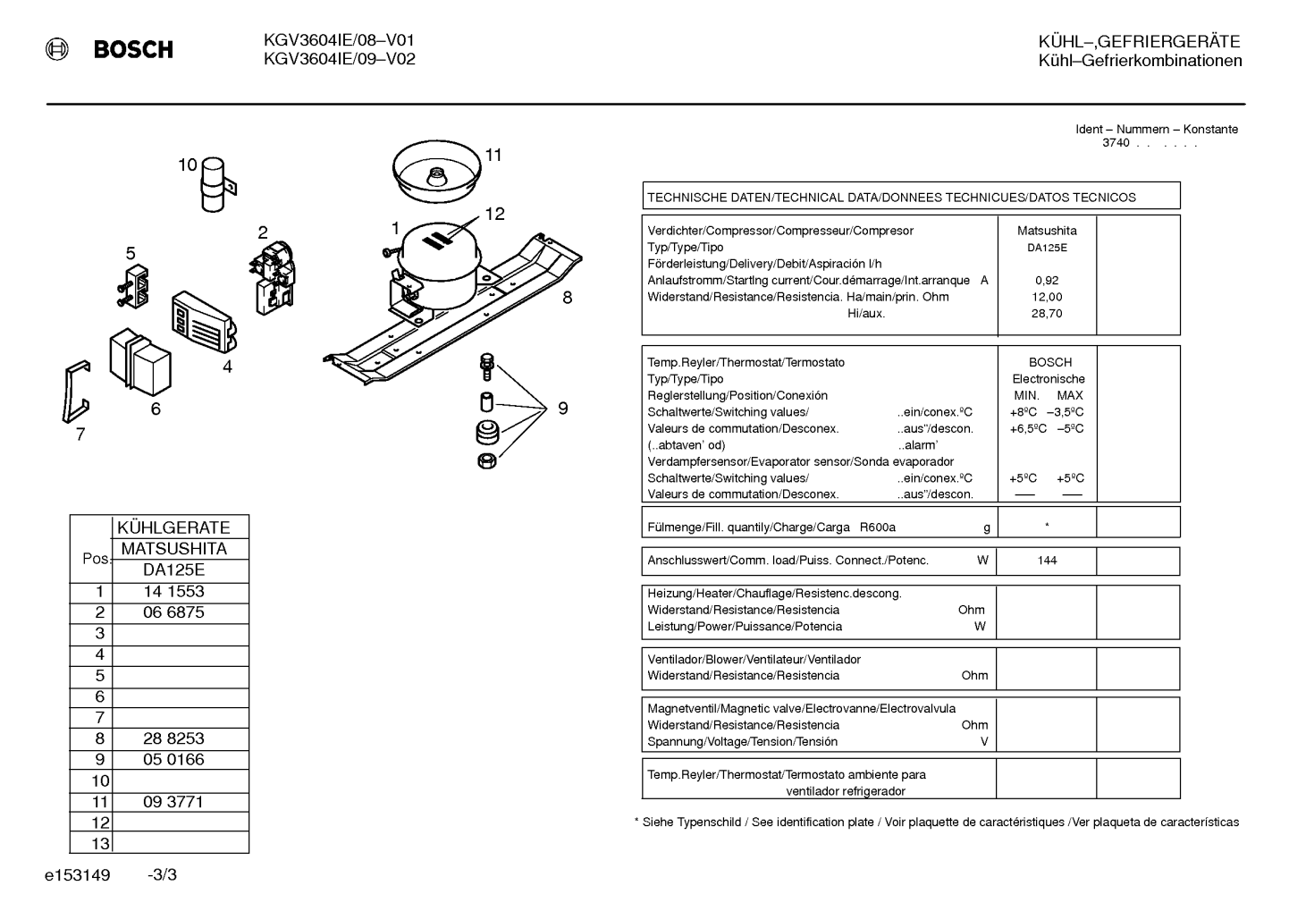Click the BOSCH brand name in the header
point(133,49)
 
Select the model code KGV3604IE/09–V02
point(340,59)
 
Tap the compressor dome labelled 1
point(440,253)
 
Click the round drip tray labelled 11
point(437,172)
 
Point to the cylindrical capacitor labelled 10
point(214,185)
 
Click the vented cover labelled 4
point(205,322)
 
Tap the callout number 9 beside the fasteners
point(563,409)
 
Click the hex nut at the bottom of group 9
point(487,461)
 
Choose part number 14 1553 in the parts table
point(173,592)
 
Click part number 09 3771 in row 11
point(173,802)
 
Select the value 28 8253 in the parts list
point(173,738)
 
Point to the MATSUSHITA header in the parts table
point(173,549)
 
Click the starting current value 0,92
point(1047,280)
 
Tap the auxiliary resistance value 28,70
point(1047,314)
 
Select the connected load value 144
point(1047,561)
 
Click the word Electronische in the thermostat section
point(1049,379)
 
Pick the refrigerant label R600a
point(878,527)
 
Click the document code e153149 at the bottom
point(77,875)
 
